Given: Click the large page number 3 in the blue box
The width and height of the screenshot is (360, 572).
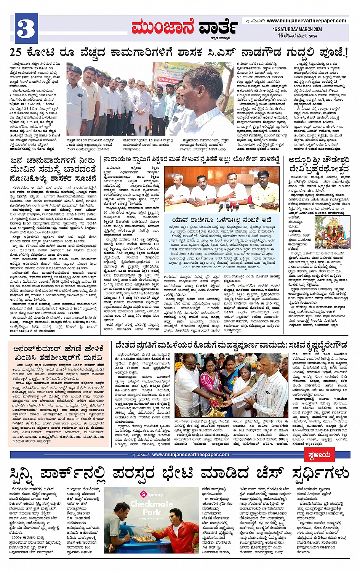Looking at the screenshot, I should pos(26,27).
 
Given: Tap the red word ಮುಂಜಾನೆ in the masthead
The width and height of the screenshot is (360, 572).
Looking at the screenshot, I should pos(163,27).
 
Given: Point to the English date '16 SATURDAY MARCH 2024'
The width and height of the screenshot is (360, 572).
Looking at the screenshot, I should pos(297,29).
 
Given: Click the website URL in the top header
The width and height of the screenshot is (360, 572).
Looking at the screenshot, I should pos(306,21).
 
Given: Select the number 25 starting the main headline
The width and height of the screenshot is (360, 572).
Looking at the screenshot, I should pos(16,53).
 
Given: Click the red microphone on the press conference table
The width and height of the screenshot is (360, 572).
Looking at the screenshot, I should pos(227,207).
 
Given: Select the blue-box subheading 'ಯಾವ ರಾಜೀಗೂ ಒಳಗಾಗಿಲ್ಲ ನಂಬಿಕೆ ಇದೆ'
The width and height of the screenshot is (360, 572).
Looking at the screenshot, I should pos(221,220).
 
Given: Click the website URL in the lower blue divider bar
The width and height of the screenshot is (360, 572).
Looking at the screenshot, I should pos(190,455).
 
